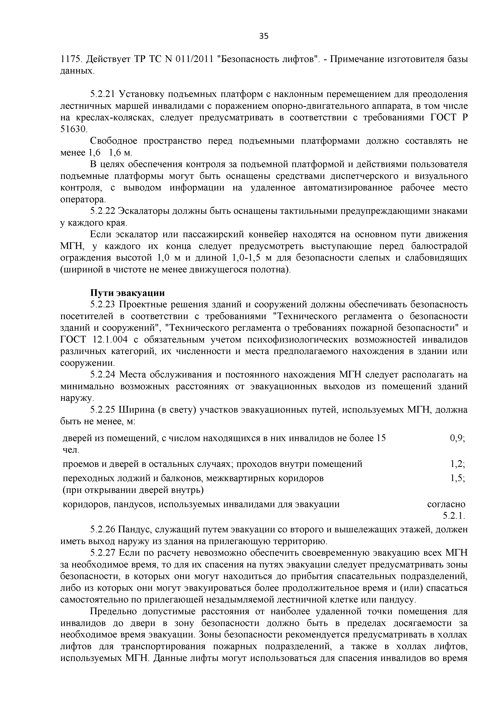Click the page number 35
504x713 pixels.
coord(263,36)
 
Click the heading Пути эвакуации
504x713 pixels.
coord(127,293)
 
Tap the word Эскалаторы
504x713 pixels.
coord(144,211)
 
